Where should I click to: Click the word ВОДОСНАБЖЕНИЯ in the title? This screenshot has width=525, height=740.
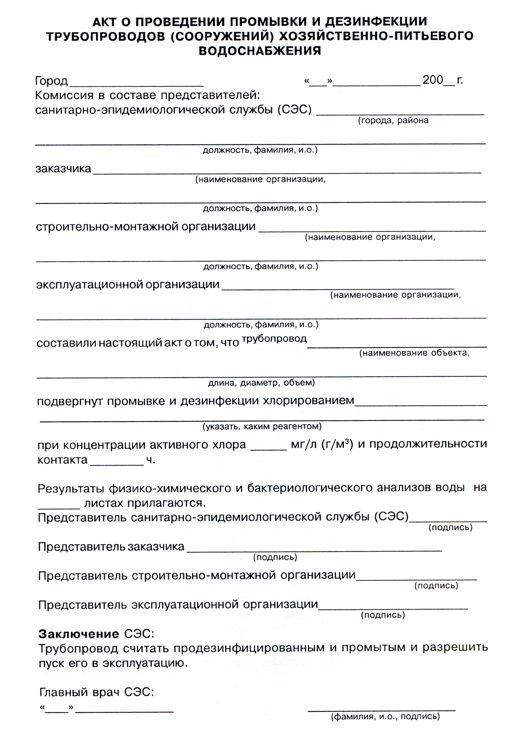point(260,51)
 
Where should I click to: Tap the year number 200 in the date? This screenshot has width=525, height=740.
point(433,80)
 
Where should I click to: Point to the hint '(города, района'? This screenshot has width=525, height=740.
point(393,121)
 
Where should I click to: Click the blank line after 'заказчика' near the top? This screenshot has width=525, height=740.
point(287,172)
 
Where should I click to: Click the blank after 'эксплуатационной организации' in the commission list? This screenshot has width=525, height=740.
point(337,289)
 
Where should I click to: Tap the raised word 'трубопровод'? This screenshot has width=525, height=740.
point(274,338)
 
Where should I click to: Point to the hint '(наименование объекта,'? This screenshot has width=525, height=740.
point(414,353)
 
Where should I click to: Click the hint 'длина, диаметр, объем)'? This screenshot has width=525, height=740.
point(261,383)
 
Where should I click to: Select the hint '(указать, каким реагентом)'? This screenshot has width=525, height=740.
point(262,426)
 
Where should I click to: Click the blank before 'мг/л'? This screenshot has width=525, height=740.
point(268,450)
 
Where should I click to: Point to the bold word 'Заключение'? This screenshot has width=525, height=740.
point(79,634)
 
